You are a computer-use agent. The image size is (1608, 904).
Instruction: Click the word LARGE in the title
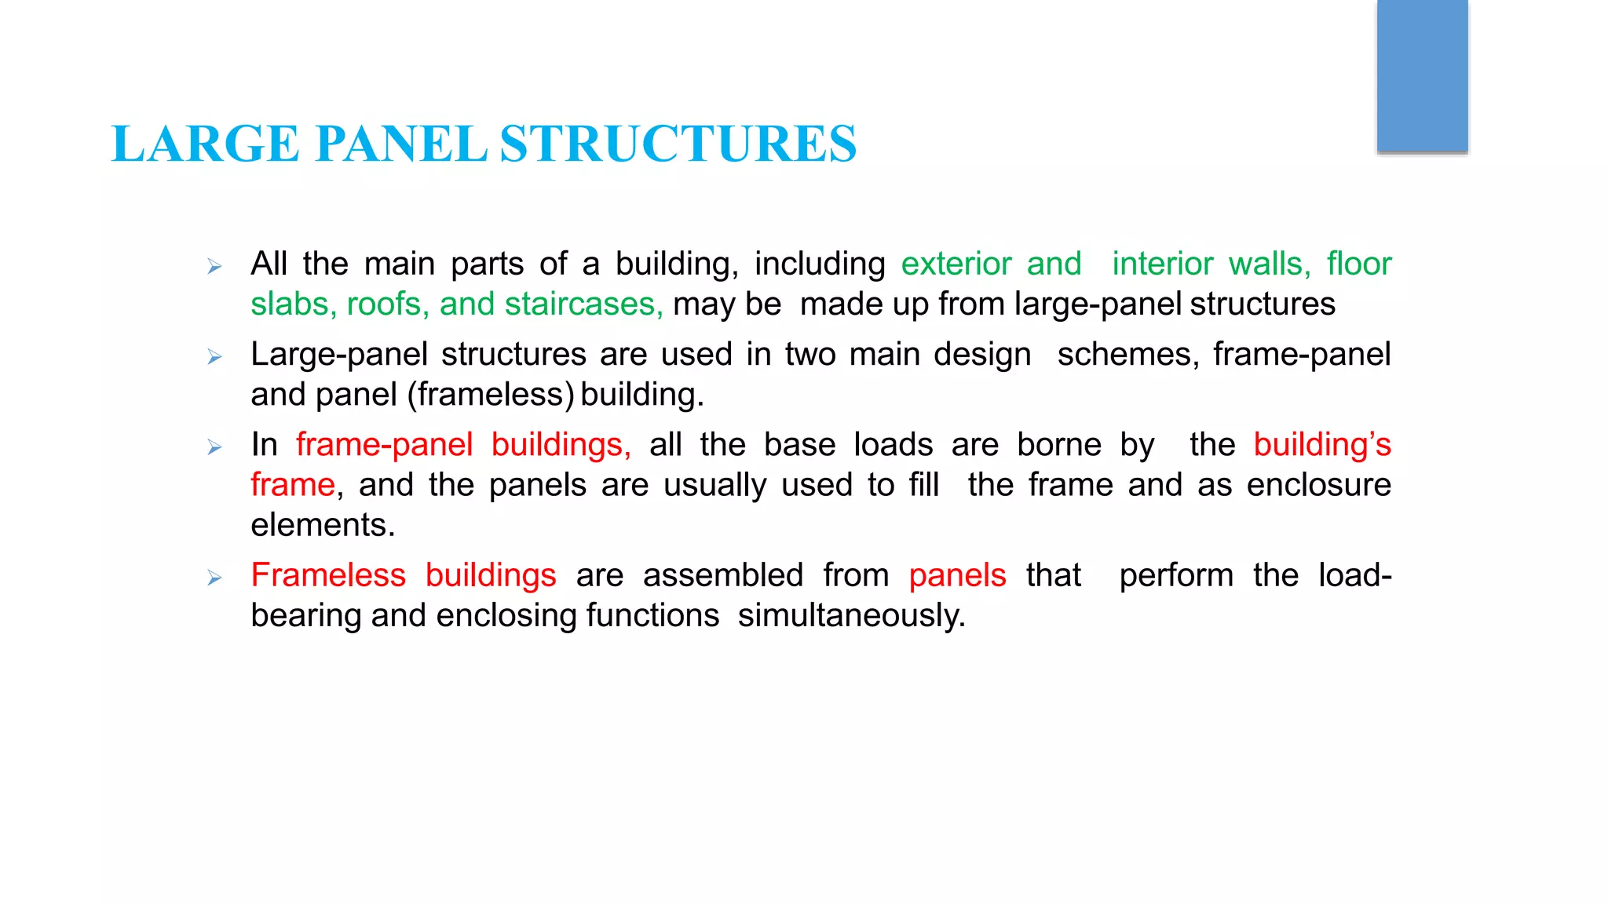point(205,144)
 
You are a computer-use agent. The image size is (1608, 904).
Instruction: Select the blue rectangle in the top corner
point(1422,75)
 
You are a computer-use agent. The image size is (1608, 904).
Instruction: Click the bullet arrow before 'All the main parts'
point(214,267)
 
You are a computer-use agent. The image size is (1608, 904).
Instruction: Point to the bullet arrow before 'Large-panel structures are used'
point(214,357)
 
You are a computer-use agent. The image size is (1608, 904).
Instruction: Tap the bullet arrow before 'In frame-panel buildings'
point(214,447)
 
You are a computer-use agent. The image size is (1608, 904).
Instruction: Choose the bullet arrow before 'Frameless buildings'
point(214,578)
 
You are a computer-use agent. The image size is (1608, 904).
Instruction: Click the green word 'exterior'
point(956,264)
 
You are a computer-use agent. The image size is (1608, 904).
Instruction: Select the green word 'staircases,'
point(583,304)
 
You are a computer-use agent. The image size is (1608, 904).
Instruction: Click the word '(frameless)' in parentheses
point(491,395)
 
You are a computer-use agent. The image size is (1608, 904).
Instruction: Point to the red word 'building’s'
point(1321,445)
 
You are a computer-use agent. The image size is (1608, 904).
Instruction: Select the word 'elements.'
point(323,525)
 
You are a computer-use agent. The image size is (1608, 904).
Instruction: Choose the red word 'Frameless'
point(328,575)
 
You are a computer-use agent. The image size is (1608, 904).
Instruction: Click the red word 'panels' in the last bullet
point(957,575)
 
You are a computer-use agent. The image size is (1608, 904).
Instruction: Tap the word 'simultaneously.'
point(851,616)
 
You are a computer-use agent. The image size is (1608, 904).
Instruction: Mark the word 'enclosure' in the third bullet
point(1318,485)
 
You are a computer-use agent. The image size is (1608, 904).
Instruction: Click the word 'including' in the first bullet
point(820,264)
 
